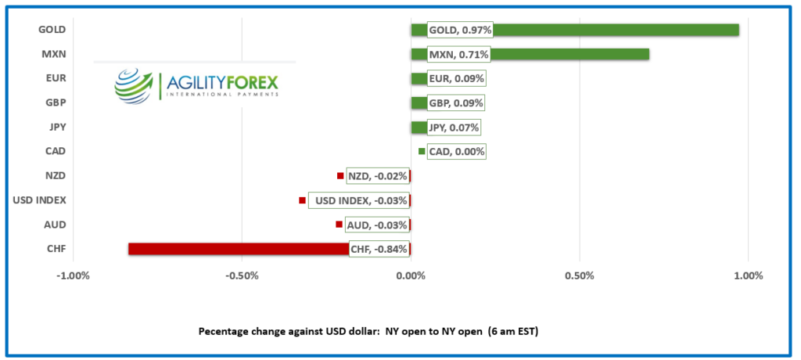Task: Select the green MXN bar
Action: [571, 54]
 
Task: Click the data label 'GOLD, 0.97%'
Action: [460, 30]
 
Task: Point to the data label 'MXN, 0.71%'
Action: [458, 54]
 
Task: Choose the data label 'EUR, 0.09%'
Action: [457, 78]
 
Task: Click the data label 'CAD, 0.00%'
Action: [457, 151]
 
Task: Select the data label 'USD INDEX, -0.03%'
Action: [360, 200]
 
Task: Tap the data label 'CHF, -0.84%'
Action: [379, 249]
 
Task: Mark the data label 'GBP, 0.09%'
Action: [457, 103]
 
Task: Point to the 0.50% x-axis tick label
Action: [579, 276]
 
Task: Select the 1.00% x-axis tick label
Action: [748, 276]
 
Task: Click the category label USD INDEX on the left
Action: [40, 200]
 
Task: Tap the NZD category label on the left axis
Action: [56, 175]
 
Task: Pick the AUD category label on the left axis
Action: [56, 225]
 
